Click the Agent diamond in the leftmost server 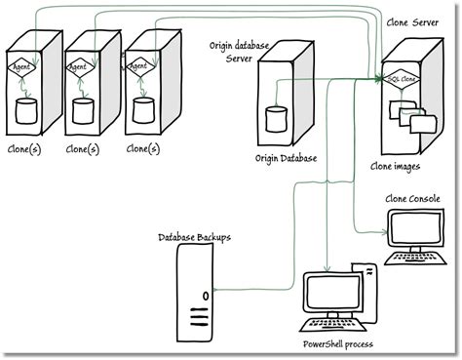[x=22, y=67]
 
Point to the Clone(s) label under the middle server [x=84, y=149]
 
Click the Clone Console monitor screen [x=413, y=229]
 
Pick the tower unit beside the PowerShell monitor [x=365, y=293]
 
